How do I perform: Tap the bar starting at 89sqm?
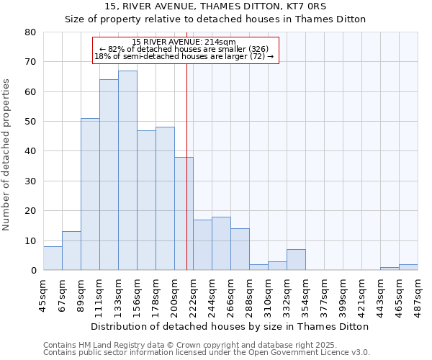click(90, 194)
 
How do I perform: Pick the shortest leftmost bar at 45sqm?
click(53, 258)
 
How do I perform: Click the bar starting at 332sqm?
click(296, 260)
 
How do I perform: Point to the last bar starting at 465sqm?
click(408, 267)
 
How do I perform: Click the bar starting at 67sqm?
click(71, 251)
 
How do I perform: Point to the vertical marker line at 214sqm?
click(186, 180)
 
